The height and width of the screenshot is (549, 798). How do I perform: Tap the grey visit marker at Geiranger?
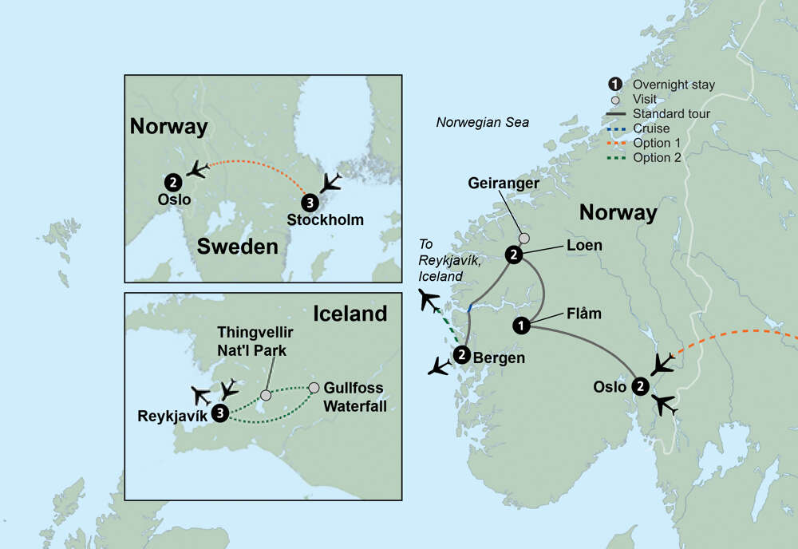click(523, 238)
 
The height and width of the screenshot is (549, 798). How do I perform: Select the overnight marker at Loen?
click(514, 255)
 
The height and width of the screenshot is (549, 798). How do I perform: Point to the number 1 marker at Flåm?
click(521, 325)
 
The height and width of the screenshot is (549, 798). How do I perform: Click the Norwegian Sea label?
click(482, 122)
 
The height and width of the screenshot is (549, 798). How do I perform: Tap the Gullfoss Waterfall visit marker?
click(314, 388)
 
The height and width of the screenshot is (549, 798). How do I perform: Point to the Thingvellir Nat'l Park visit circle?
click(267, 395)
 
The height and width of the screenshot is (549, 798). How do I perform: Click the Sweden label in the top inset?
click(237, 246)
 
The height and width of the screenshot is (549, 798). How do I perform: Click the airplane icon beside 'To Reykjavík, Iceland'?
click(429, 301)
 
